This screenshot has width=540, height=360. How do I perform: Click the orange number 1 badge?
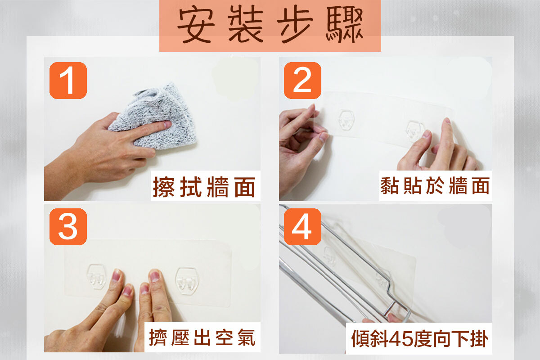(x=68, y=81)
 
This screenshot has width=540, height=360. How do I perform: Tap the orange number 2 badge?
(x=302, y=81)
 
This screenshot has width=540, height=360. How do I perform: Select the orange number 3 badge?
(x=68, y=227)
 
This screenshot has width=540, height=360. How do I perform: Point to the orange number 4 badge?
(x=302, y=227)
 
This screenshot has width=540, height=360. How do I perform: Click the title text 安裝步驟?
(x=270, y=25)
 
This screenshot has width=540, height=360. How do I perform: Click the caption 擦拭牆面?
(x=204, y=187)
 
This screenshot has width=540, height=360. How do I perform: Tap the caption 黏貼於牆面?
(x=435, y=185)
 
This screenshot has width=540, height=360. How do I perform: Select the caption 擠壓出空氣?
(x=202, y=337)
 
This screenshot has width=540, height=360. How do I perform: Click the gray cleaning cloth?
(x=154, y=116)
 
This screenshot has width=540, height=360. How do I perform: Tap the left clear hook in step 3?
(x=97, y=277)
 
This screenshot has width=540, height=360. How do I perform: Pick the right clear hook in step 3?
(x=187, y=281)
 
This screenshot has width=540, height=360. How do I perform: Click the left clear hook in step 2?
(x=346, y=120)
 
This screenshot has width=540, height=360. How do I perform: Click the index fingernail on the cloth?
(x=167, y=125)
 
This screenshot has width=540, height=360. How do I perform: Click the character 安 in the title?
(x=196, y=25)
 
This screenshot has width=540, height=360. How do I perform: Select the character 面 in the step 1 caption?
(x=245, y=187)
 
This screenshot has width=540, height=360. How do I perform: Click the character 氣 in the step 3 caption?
(x=246, y=337)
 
